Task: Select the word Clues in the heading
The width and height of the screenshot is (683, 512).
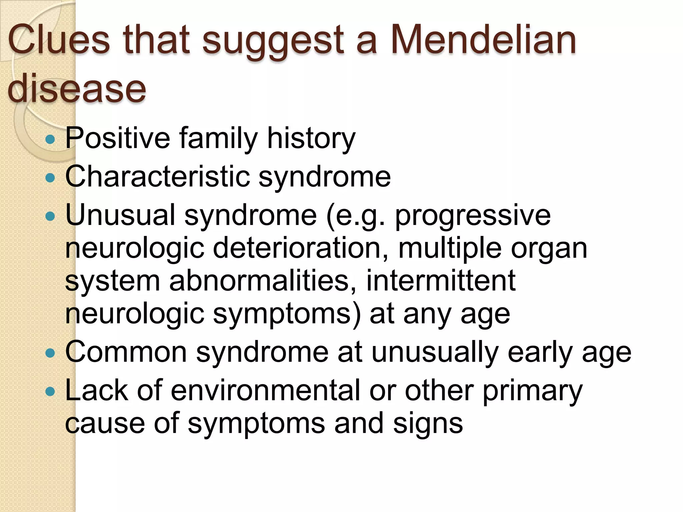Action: (59, 41)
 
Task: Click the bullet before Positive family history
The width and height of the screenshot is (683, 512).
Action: (50, 139)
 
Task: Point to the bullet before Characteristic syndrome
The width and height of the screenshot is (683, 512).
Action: (50, 178)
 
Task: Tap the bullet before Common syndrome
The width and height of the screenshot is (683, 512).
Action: (50, 353)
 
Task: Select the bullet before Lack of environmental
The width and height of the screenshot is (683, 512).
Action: (50, 391)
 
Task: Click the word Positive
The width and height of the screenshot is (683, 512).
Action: (118, 138)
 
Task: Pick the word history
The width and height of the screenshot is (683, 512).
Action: (311, 138)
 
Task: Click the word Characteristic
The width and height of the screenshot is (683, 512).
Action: (157, 177)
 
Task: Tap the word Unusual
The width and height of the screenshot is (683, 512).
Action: (120, 215)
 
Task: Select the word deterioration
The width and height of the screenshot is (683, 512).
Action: (300, 248)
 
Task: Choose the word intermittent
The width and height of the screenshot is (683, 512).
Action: (441, 281)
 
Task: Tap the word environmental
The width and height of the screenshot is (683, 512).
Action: (265, 390)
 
